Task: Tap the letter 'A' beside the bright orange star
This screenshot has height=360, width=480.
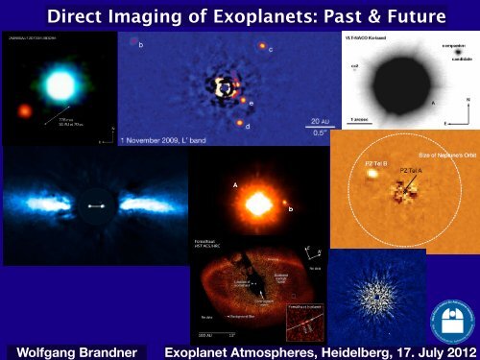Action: point(236,185)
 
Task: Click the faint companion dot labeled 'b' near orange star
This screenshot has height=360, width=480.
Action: point(285,203)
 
